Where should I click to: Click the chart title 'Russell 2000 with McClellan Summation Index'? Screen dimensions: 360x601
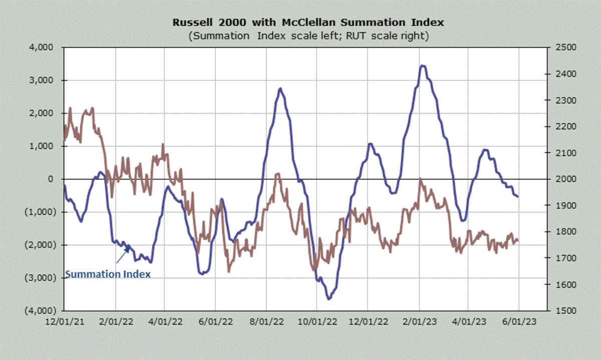coord(308,23)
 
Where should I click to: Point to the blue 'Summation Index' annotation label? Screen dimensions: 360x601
coord(108,274)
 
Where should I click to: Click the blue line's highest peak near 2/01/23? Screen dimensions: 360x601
coord(423,66)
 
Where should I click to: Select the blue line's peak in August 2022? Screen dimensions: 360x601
coord(280,89)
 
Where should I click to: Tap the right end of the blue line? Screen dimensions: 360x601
coord(518,196)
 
